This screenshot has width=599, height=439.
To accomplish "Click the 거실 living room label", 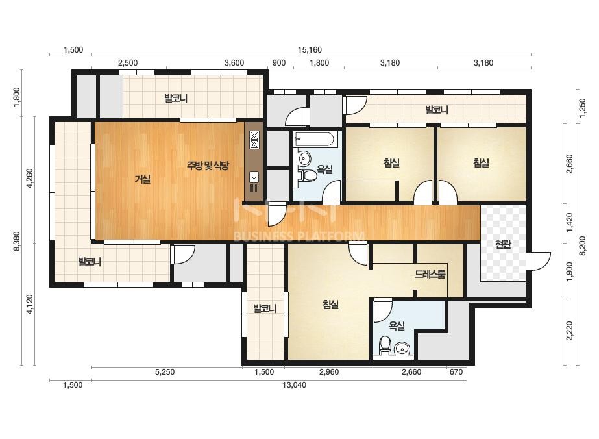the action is tap(143, 179).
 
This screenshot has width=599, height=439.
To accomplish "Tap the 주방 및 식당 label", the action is tap(208, 166).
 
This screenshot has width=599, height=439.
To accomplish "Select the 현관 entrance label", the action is tap(503, 244).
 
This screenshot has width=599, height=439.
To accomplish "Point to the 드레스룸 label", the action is tap(430, 274).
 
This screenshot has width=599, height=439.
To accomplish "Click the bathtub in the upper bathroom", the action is tap(315, 140).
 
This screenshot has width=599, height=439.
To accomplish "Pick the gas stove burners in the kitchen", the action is tap(254, 140).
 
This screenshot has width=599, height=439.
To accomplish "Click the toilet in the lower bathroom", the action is tap(384, 345).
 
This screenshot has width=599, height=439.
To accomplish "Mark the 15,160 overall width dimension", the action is tap(310, 50).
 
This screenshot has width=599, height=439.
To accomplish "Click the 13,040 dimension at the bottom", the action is tap(294, 384).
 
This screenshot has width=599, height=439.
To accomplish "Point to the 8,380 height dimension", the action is tap(17, 243).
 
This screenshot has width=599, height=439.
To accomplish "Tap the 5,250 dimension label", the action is tap(165, 372).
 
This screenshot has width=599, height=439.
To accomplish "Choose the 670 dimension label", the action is tap(456, 372).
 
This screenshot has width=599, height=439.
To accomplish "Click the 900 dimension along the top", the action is tap(279, 63).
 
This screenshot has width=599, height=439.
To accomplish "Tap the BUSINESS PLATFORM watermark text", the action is tap(299, 236).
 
